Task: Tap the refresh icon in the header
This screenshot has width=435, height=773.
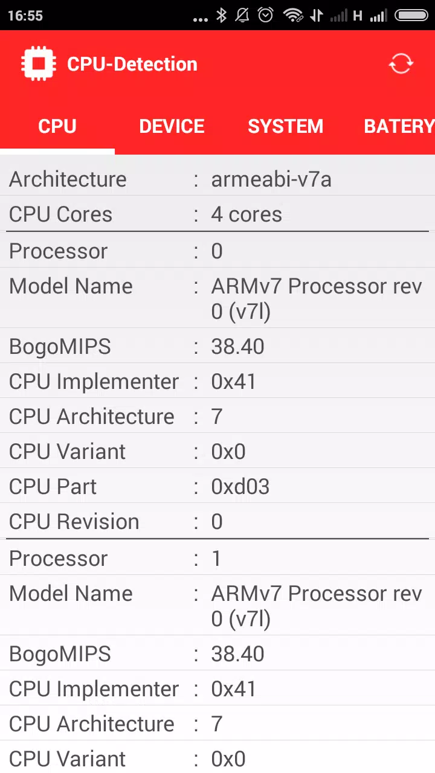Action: coord(401,63)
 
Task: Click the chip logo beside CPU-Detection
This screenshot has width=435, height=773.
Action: coord(38,63)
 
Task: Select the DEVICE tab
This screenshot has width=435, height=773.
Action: coord(172,126)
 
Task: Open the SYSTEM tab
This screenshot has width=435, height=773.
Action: coord(286,126)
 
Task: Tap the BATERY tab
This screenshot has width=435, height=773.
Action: coord(399,126)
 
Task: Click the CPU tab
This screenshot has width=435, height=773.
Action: coord(57,126)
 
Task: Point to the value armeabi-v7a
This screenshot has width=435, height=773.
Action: coord(271,179)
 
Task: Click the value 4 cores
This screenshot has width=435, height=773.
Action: coord(246,214)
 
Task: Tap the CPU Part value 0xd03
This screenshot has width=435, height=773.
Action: coord(240,487)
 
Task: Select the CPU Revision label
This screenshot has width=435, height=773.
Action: coord(74,521)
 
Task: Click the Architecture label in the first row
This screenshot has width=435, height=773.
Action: coord(68,179)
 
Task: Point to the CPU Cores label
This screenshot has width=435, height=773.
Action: coord(61,214)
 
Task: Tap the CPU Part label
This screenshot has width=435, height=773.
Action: coord(53,487)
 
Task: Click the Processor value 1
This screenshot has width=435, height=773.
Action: coord(216,559)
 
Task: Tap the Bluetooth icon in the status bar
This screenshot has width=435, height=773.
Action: coord(221,16)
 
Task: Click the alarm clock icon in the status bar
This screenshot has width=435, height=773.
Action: coord(265,15)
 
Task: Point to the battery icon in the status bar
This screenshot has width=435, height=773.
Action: coord(411,16)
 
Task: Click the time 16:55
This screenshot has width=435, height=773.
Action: coord(25,16)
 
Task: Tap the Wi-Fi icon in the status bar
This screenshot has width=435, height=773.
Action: coord(293,15)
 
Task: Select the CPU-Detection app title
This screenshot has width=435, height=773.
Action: coord(132,64)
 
